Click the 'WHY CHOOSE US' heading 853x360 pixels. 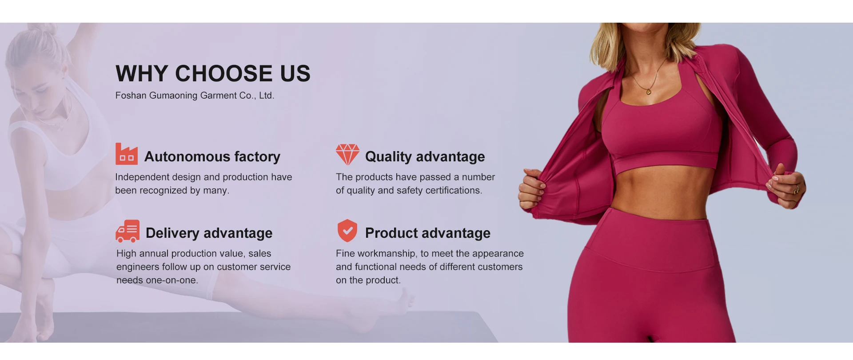213,73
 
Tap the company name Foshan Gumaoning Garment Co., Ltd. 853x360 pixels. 195,96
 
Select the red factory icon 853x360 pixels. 127,154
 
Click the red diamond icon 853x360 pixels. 347,154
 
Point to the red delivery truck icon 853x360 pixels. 128,231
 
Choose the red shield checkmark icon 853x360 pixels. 347,231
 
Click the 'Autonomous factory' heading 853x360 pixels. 212,156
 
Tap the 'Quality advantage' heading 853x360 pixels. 425,156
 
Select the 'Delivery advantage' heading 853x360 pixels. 209,233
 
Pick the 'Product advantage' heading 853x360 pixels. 428,233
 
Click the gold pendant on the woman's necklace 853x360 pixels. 648,92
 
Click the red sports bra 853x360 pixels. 662,133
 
